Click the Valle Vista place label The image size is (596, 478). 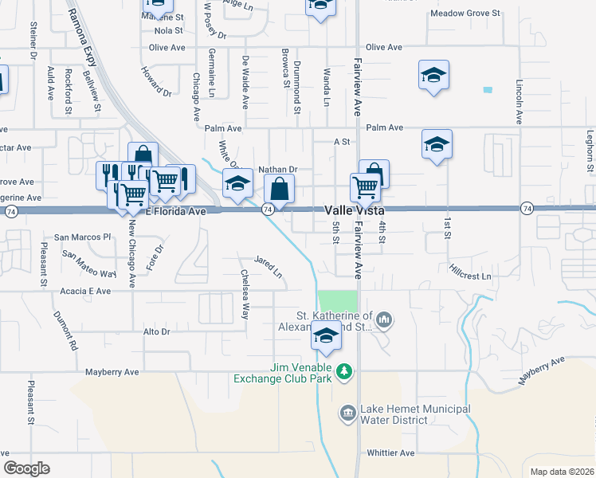(x=354, y=210)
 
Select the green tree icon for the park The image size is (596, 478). (x=344, y=371)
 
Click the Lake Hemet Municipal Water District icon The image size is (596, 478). (x=348, y=413)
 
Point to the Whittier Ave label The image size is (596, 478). (x=390, y=453)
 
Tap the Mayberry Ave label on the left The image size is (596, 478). (x=113, y=371)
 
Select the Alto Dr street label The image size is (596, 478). (x=155, y=331)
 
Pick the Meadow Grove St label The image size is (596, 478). (x=465, y=14)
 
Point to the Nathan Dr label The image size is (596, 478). (x=278, y=170)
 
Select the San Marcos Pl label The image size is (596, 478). (x=82, y=237)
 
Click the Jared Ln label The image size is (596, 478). (x=269, y=266)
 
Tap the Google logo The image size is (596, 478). (x=26, y=468)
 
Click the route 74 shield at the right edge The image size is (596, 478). (x=527, y=208)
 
